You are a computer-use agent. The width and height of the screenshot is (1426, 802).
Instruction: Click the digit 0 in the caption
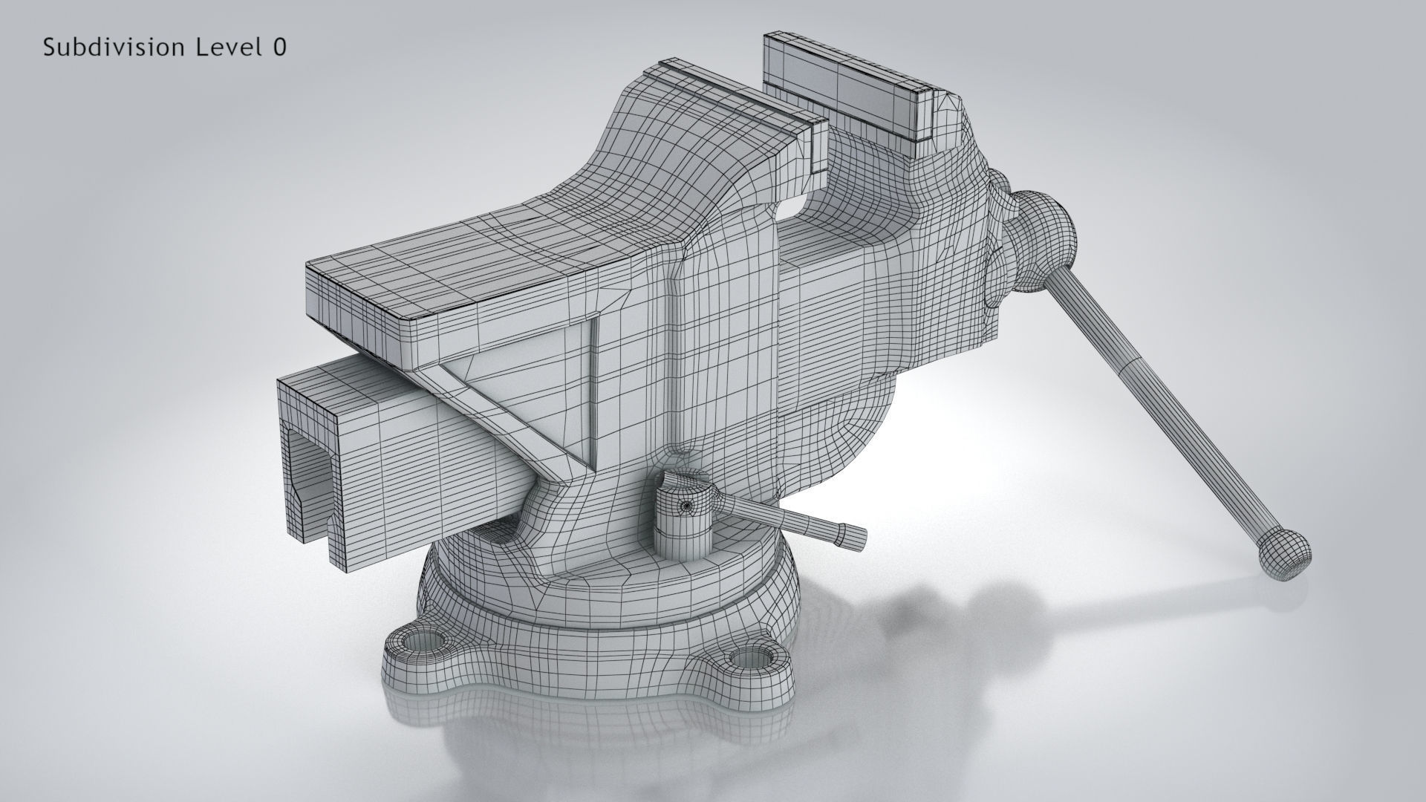pos(279,48)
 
